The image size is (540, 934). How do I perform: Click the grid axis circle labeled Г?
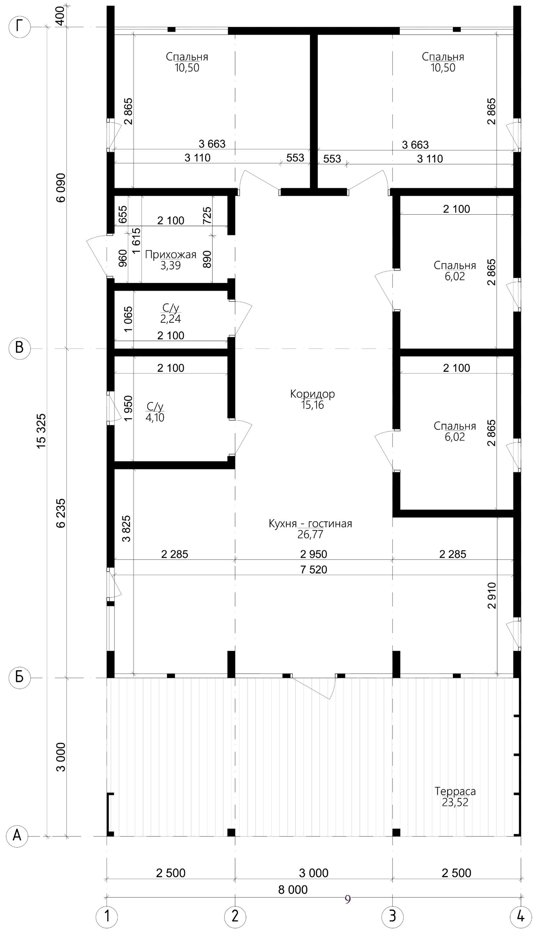[x=19, y=27]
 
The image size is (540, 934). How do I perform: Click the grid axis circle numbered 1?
[x=107, y=914]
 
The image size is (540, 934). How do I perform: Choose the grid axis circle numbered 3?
[x=392, y=914]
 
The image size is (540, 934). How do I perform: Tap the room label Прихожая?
[x=170, y=255]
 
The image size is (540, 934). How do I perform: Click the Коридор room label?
[x=312, y=394]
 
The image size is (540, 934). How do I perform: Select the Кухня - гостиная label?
[x=310, y=523]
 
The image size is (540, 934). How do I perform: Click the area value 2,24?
[x=170, y=319]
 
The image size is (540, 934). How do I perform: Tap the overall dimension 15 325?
[x=41, y=431]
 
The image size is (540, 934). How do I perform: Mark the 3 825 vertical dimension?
[x=126, y=528]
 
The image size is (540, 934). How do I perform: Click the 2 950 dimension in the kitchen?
[x=313, y=554]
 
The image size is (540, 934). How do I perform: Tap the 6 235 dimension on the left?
[x=61, y=513]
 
